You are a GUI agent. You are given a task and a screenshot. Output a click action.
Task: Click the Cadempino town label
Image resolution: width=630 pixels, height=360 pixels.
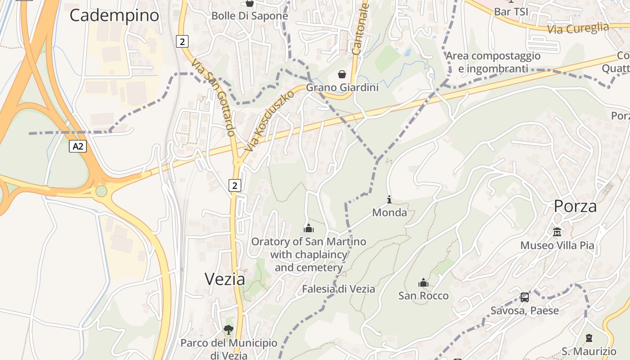pos(114,15)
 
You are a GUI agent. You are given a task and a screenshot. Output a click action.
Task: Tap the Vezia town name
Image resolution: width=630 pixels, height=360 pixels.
pos(225,279)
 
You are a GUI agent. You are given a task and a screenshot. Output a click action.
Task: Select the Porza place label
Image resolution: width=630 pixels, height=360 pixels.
pos(575,206)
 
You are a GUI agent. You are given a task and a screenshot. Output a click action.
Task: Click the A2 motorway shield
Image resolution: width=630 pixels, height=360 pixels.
pos(78,146)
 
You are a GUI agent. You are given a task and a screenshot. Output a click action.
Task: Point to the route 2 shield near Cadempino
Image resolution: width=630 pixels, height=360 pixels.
pos(182,42)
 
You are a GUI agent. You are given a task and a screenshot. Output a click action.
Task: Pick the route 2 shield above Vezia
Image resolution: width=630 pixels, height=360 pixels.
pos(234,185)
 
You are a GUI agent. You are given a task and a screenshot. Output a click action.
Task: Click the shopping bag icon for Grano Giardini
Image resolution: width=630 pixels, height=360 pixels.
pos(342,74)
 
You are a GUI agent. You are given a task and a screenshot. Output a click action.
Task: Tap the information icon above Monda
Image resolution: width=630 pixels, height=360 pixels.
pos(389,199)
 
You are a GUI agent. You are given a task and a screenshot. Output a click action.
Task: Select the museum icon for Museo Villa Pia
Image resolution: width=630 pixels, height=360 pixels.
pos(557,232)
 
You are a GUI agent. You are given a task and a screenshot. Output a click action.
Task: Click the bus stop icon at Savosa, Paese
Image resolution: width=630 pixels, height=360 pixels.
pos(525,297)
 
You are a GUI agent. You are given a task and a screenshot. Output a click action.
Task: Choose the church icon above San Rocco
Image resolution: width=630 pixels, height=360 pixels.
pos(423,283)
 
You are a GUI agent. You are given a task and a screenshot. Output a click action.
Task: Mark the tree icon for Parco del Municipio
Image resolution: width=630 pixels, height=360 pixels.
pos(229,330)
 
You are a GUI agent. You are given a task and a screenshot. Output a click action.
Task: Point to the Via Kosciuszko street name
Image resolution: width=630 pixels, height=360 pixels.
pos(269,121)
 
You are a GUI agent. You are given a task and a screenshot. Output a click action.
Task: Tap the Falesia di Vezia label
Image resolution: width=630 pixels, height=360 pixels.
pos(338,289)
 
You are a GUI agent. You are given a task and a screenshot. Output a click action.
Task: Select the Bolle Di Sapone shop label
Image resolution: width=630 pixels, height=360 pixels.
pos(250,16)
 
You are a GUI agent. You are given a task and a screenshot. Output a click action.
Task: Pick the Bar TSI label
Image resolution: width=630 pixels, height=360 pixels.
pos(511,11)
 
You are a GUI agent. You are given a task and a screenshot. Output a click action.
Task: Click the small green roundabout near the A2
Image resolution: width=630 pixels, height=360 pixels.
pos(102,191)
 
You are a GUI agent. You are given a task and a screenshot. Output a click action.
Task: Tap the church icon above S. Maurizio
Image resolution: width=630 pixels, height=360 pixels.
pos(589,338)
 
